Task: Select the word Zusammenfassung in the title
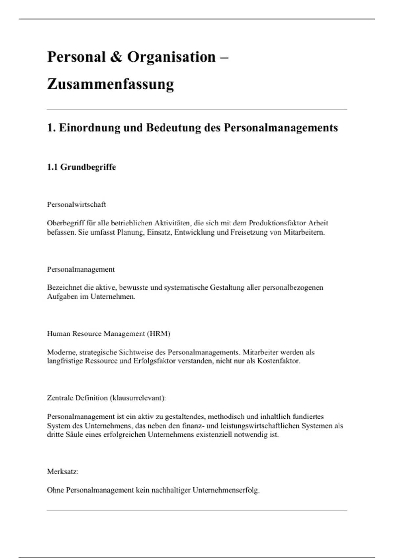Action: pos(110,84)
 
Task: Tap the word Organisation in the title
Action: pos(171,57)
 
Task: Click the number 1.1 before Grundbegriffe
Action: pos(52,167)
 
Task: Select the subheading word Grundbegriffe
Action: pos(88,167)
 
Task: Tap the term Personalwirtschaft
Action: pos(76,204)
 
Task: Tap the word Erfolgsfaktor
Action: pos(154,361)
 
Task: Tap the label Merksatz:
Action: pos(62,472)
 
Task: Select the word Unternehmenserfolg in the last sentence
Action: pos(226,490)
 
